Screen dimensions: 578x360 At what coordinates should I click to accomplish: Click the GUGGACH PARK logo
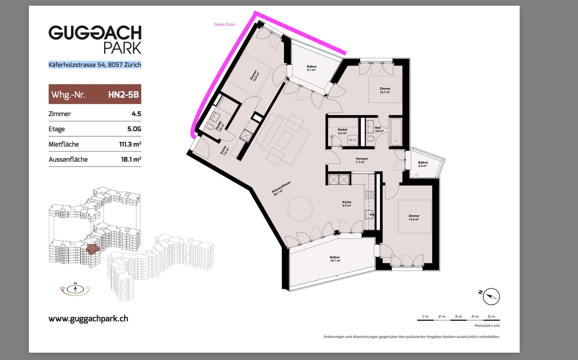[x=95, y=39]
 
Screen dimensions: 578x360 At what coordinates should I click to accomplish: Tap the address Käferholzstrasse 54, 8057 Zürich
[x=95, y=64]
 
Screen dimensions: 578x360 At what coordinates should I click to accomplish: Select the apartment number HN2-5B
[x=123, y=95]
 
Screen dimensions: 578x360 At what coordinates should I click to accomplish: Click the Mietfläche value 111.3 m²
[x=130, y=144]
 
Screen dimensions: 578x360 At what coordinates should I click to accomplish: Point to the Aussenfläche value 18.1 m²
[x=131, y=159]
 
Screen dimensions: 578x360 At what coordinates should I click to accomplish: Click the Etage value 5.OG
[x=134, y=129]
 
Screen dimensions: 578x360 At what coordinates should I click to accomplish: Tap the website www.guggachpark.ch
[x=88, y=319]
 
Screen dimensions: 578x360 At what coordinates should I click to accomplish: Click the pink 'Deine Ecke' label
[x=225, y=25]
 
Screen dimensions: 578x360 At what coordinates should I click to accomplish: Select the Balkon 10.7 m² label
[x=335, y=259]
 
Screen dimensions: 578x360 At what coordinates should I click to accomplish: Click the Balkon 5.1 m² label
[x=312, y=68]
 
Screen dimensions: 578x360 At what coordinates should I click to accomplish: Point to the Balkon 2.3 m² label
[x=423, y=164]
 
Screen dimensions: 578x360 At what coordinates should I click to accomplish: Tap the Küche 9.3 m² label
[x=347, y=204]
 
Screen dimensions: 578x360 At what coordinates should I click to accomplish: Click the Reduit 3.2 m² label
[x=343, y=131]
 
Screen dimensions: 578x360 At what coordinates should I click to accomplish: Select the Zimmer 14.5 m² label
[x=414, y=218]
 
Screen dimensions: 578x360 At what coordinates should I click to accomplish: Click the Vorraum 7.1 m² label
[x=362, y=161]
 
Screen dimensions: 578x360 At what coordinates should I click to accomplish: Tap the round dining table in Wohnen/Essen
[x=300, y=209]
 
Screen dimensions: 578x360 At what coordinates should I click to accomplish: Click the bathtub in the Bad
[x=396, y=132]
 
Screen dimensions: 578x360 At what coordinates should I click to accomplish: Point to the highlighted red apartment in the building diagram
[x=92, y=249]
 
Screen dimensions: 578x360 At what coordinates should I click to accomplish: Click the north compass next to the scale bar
[x=491, y=296]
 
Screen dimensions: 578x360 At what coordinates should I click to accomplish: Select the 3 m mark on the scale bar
[x=458, y=316]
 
